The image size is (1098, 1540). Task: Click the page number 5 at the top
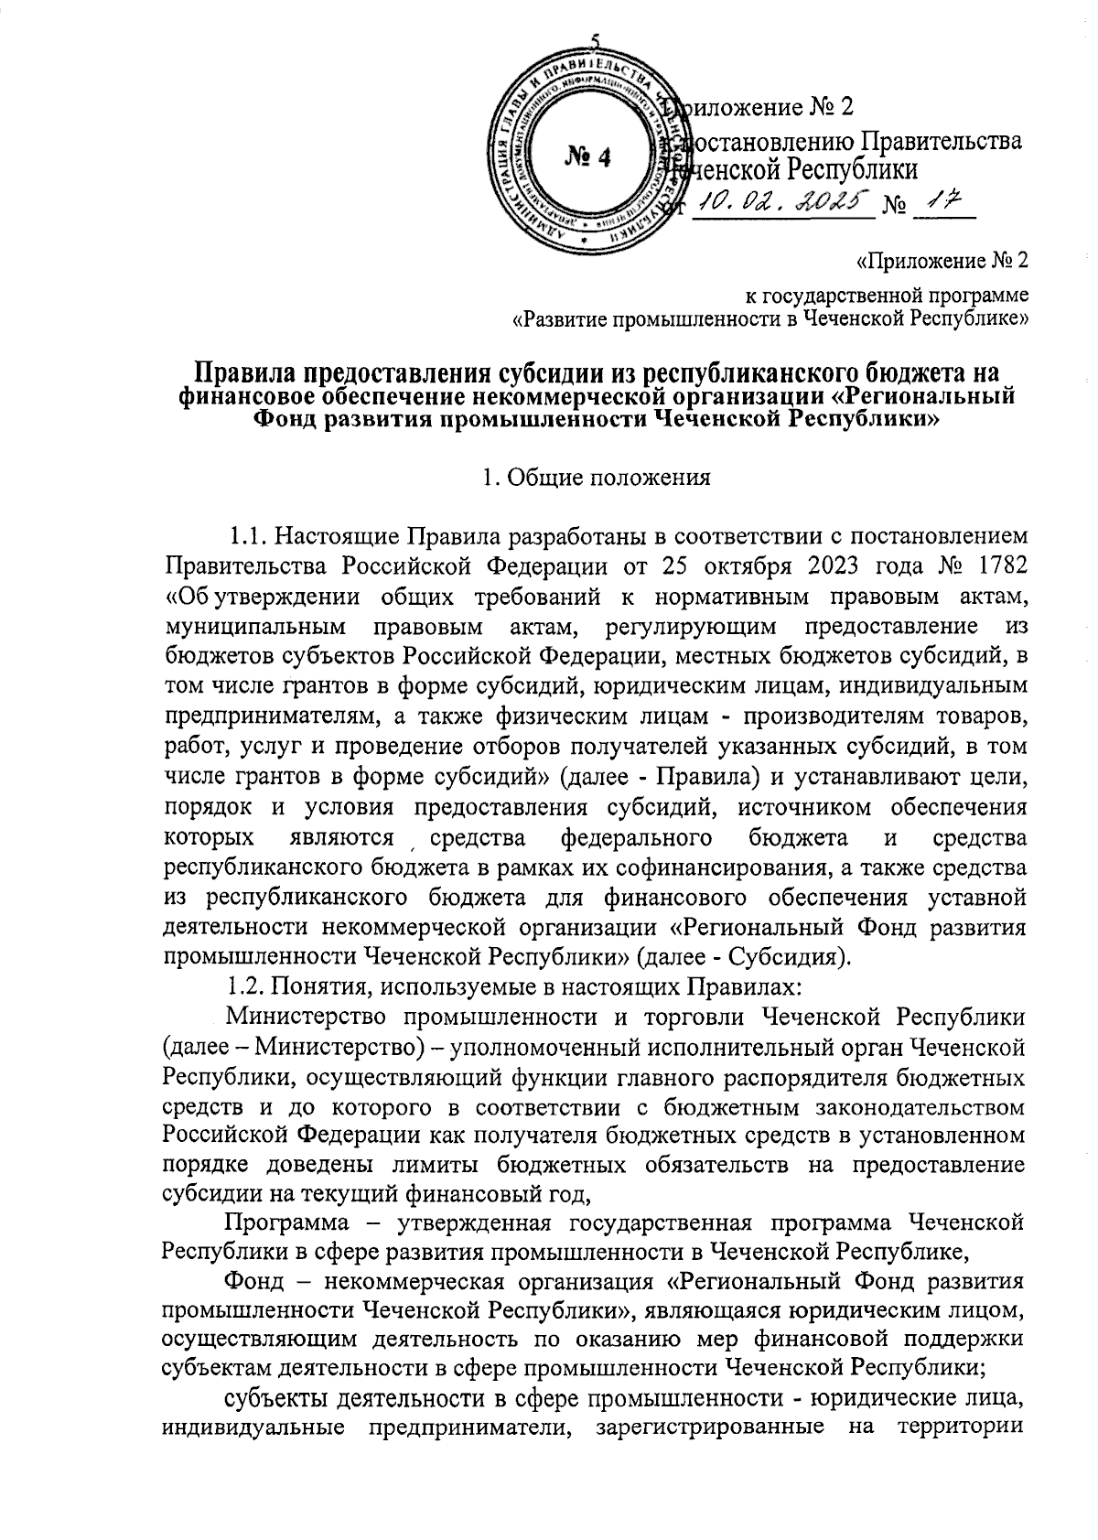point(596,42)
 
